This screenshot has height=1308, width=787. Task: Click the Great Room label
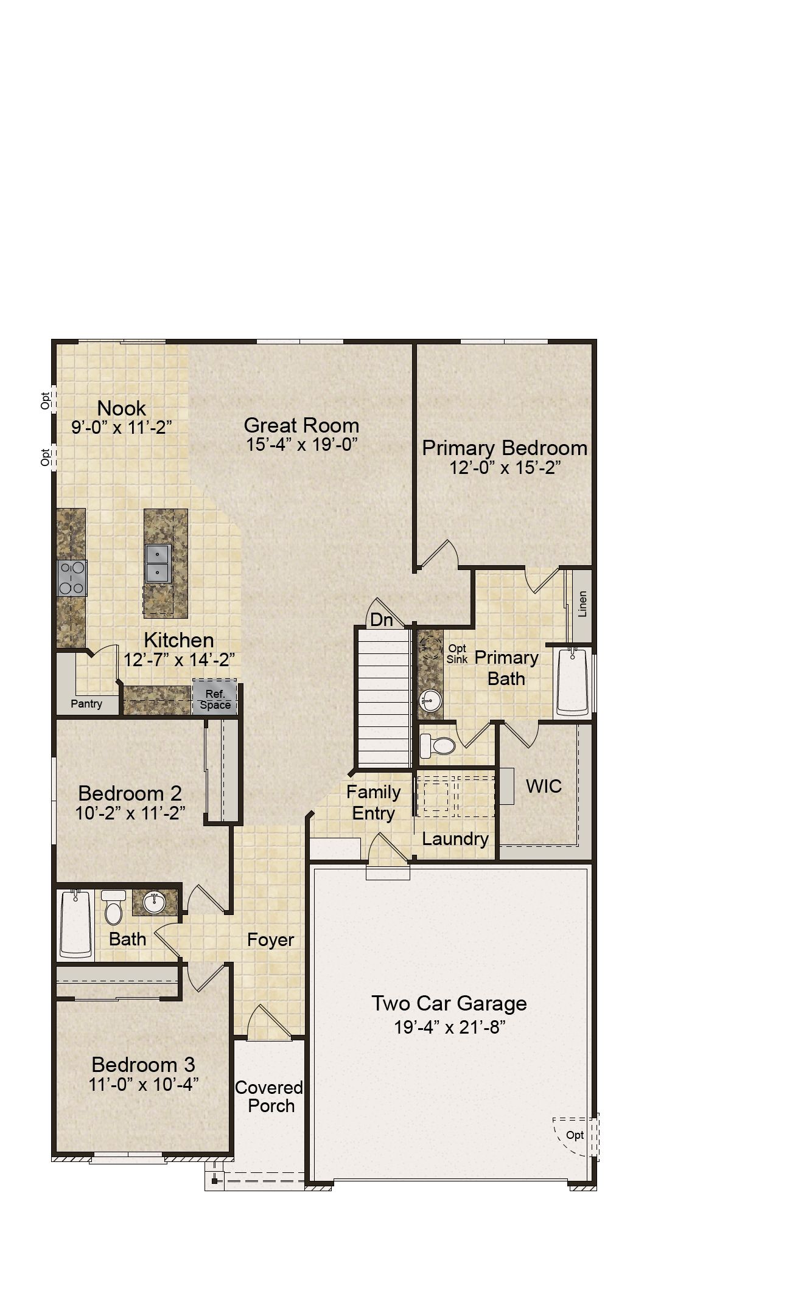[x=301, y=425]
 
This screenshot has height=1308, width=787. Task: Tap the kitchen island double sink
[x=158, y=563]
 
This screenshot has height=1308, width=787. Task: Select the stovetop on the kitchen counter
[x=72, y=578]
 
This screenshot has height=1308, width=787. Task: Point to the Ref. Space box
[x=215, y=697]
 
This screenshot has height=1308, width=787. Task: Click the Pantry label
[x=86, y=704]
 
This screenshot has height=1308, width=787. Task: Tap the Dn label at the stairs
[x=382, y=620]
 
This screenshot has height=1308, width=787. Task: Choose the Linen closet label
[x=582, y=604]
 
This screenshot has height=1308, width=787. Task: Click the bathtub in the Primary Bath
[x=573, y=681]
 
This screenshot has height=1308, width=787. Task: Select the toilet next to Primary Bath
[x=438, y=745]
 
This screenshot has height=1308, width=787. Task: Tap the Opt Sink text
[x=457, y=654]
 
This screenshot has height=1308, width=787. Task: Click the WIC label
[x=544, y=786]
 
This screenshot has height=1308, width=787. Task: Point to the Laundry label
[x=455, y=839]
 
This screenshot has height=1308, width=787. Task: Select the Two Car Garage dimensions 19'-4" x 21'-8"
[x=450, y=1028]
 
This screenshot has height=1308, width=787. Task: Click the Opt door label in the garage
[x=575, y=1135]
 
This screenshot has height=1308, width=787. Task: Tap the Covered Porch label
[x=270, y=1096]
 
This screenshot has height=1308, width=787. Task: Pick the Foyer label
[x=271, y=940]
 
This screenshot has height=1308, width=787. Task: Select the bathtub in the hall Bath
[x=75, y=924]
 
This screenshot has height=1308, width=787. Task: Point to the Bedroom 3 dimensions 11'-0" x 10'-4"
[x=144, y=1084]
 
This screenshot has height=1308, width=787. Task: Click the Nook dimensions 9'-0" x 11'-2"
[x=122, y=427]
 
